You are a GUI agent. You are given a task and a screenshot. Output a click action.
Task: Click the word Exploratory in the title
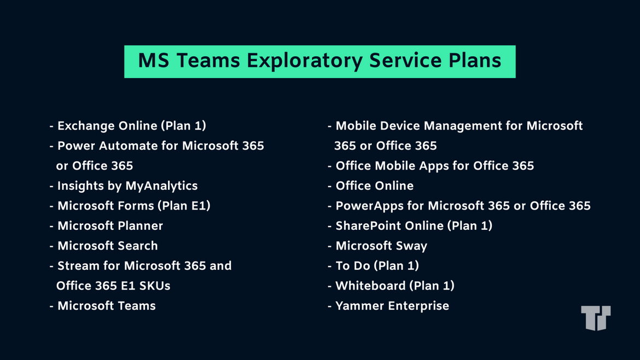click(304, 61)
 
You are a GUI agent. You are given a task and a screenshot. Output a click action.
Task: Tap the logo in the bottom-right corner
click(596, 317)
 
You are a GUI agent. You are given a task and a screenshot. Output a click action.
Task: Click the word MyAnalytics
click(161, 186)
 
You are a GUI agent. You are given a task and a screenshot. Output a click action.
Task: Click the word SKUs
click(155, 286)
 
